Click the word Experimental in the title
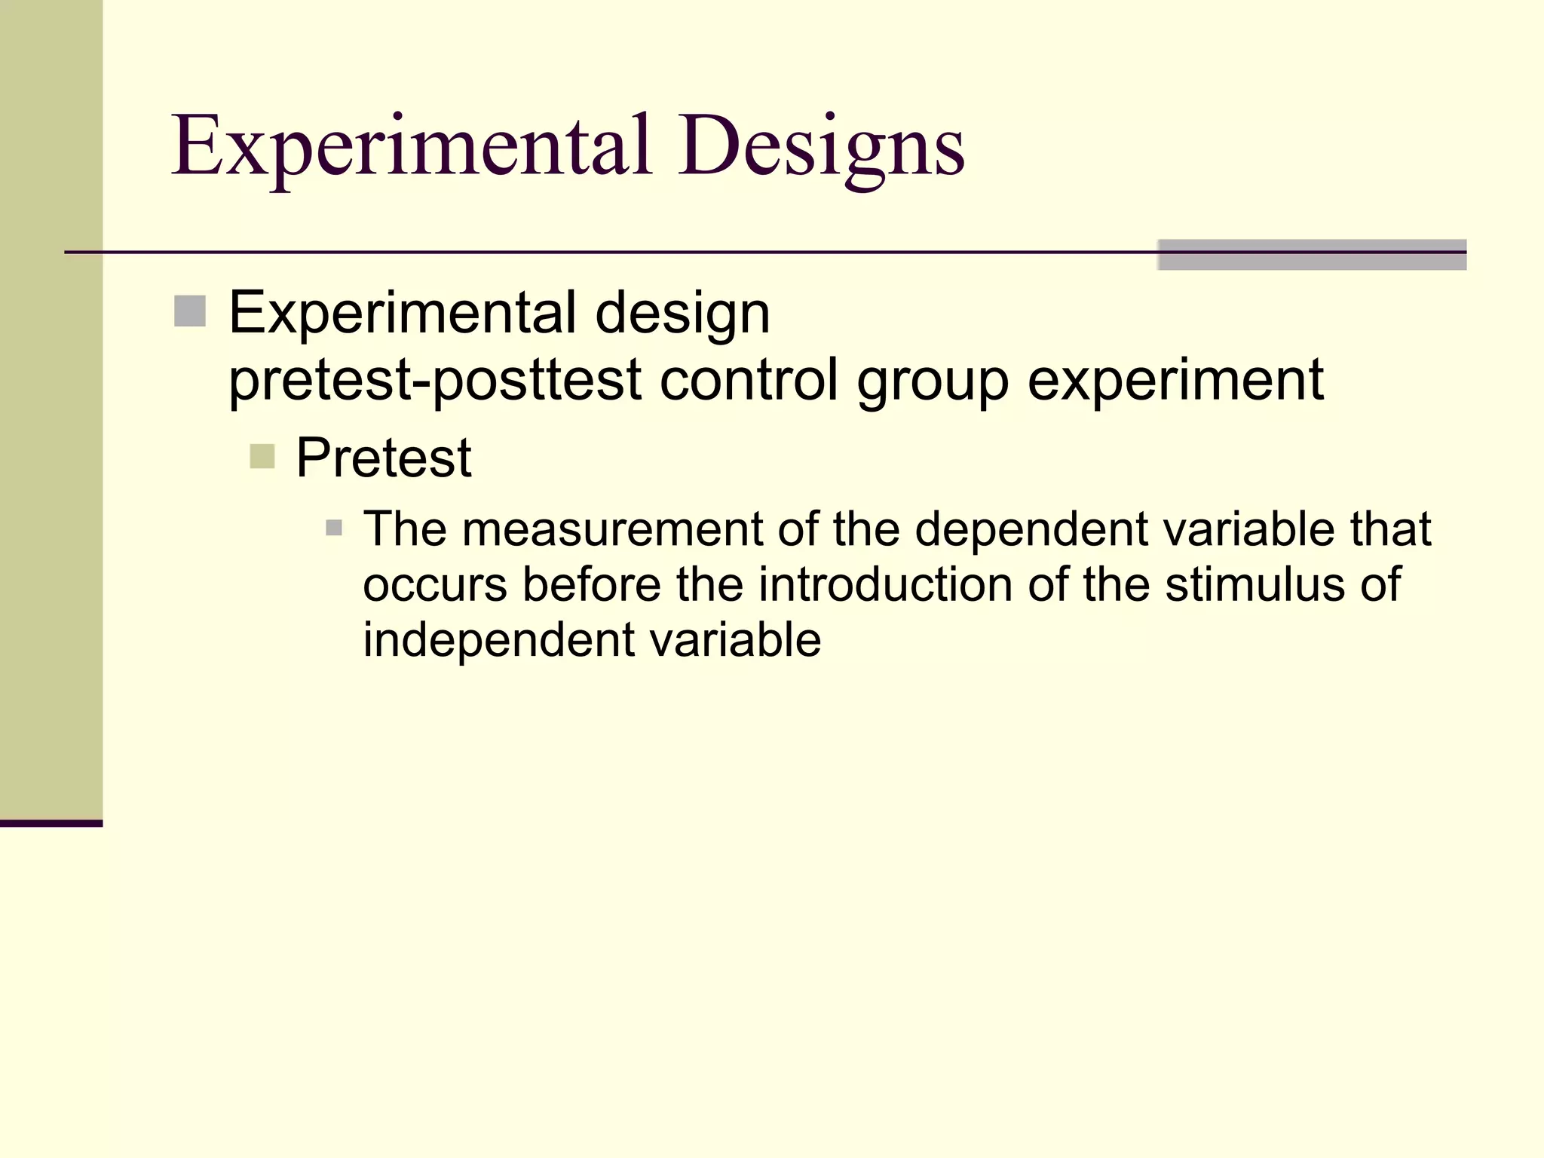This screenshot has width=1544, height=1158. pos(411,147)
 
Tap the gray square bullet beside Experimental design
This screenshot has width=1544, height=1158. pos(190,311)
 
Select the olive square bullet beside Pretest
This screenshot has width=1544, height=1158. pos(262,456)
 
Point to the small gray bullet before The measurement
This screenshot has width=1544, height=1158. pos(334,528)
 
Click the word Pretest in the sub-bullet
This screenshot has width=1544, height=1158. pos(383,458)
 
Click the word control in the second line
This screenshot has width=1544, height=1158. pos(749,379)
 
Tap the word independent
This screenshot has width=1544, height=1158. pos(499,640)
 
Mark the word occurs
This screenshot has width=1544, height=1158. pos(435,586)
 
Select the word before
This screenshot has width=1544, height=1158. pos(591,584)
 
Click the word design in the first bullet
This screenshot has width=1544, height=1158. pos(682,314)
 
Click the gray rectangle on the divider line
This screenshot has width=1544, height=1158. pos(1311,255)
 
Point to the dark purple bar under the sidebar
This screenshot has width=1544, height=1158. pos(51,823)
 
